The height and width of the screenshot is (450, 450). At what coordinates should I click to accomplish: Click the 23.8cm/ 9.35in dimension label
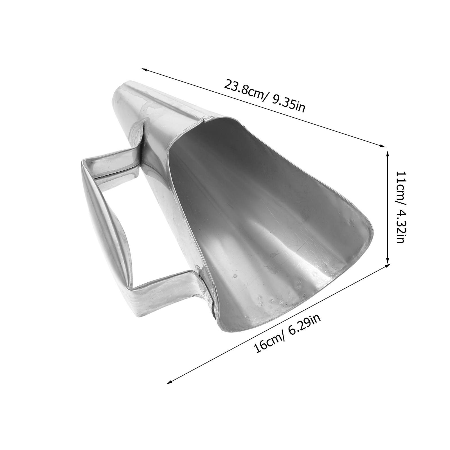click(264, 96)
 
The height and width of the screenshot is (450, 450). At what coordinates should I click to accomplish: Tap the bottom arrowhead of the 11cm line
click(388, 261)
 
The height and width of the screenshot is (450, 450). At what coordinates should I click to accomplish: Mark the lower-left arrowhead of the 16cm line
click(169, 382)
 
